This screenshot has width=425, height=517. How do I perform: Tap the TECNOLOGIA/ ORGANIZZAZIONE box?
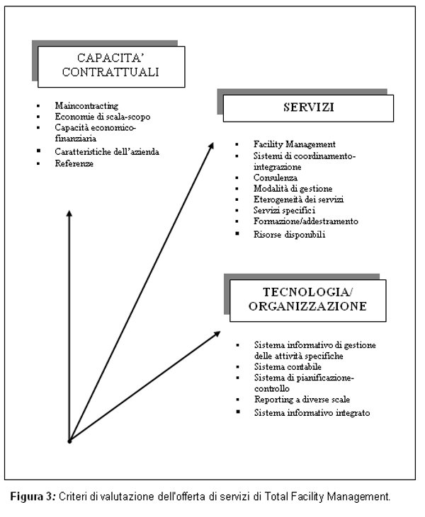[x=307, y=299]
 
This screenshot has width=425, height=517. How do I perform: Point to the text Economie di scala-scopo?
[x=102, y=117]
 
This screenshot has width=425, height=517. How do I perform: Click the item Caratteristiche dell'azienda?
[x=107, y=151]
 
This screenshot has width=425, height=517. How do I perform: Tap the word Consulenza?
[x=276, y=178]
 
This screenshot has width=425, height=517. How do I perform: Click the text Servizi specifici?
[x=283, y=211]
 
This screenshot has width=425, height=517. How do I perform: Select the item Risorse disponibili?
[x=289, y=234]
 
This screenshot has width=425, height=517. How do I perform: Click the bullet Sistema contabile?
[x=282, y=367]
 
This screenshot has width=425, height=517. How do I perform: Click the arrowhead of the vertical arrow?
[x=69, y=214]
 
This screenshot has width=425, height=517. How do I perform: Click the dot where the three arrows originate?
[x=69, y=441]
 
